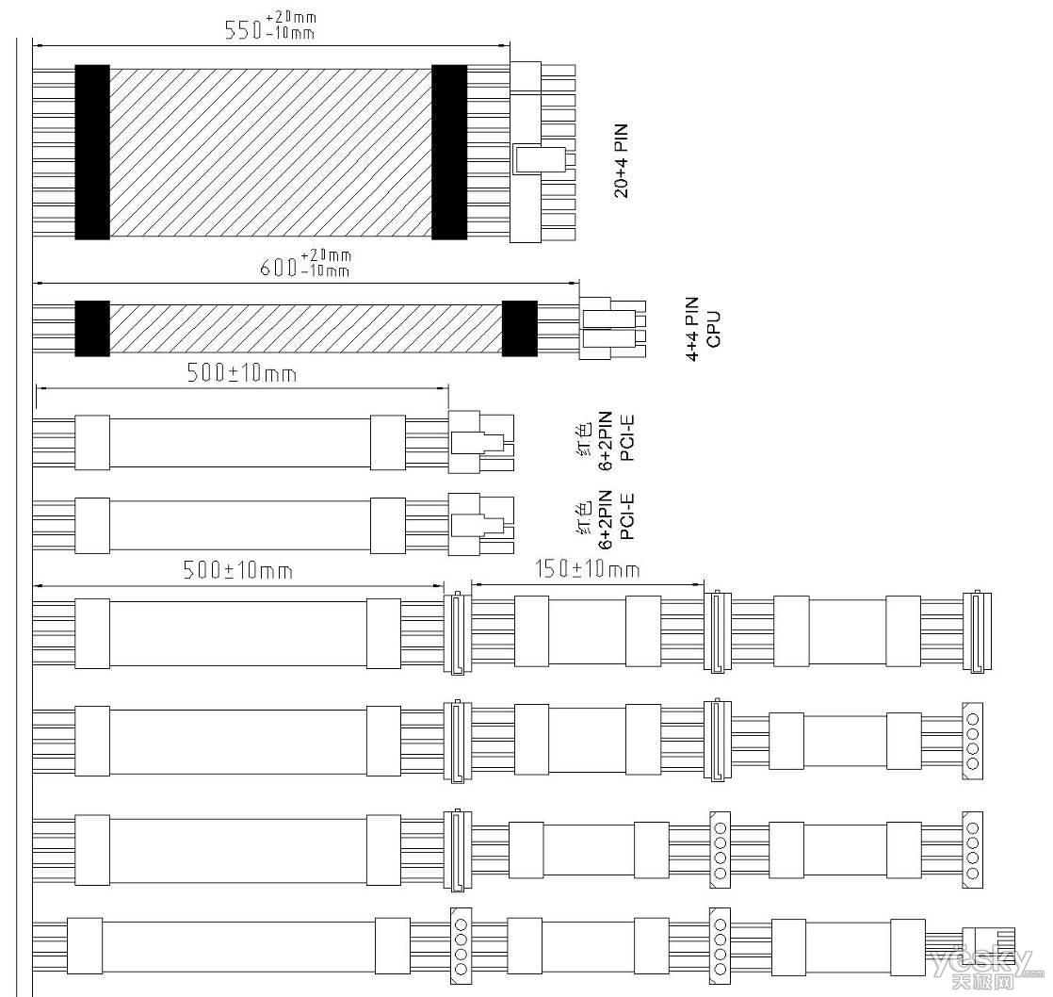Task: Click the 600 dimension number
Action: (x=277, y=268)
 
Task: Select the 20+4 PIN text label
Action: (x=622, y=160)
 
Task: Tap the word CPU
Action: (x=714, y=329)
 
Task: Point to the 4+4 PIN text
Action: (x=692, y=329)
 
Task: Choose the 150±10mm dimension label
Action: (x=587, y=569)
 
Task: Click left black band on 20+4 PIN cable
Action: (x=92, y=152)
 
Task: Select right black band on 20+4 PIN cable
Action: (x=449, y=152)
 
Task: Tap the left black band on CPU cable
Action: (x=92, y=329)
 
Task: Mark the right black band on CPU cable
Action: (x=520, y=329)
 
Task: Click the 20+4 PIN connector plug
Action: (x=543, y=152)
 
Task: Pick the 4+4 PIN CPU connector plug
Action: (x=612, y=329)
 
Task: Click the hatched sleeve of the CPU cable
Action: (x=305, y=329)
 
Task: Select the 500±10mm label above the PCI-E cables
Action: (x=242, y=373)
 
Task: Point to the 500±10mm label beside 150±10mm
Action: (x=237, y=570)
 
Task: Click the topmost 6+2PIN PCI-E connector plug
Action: (x=481, y=441)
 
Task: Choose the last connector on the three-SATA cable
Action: (x=977, y=631)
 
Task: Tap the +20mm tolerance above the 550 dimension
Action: (x=296, y=18)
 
